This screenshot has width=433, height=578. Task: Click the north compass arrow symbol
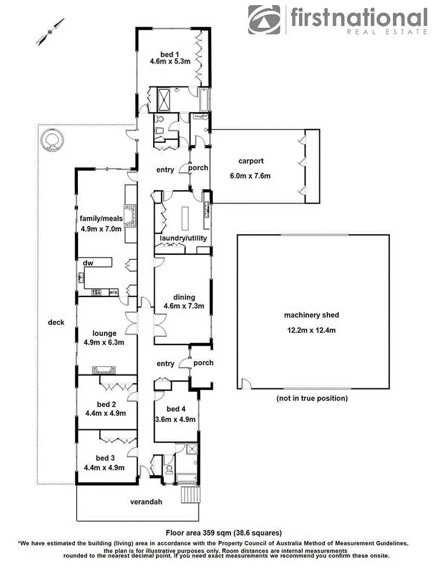point(50,32)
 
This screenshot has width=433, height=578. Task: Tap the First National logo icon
point(264,20)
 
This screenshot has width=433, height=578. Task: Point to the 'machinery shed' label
point(311,315)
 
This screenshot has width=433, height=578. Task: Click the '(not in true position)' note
point(311,398)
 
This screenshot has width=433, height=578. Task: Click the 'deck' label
point(55,322)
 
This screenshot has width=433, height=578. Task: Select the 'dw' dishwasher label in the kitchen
point(88,262)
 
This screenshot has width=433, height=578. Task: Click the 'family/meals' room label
point(102,218)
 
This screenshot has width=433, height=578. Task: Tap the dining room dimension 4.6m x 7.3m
point(181,306)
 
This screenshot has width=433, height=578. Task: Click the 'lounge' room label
point(104,333)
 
